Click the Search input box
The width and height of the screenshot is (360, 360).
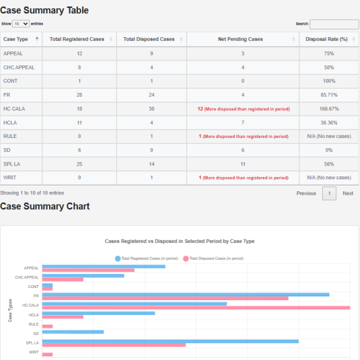click(334, 24)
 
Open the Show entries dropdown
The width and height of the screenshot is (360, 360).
click(20, 24)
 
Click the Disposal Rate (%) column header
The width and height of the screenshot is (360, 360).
click(327, 39)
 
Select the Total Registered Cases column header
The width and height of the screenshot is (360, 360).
click(77, 39)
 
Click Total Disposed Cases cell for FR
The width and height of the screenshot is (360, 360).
click(152, 95)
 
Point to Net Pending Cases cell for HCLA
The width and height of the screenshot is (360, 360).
click(243, 122)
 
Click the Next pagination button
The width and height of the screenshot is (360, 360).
click(348, 193)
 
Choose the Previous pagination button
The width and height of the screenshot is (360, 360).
click(306, 193)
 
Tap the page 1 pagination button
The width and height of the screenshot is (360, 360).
click(329, 193)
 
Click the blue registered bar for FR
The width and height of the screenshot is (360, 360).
click(186, 295)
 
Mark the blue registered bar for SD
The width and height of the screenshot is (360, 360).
click(73, 332)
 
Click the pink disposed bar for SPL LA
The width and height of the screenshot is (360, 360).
click(114, 345)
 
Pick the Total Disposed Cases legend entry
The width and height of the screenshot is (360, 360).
click(213, 258)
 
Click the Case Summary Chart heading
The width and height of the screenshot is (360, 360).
click(45, 206)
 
